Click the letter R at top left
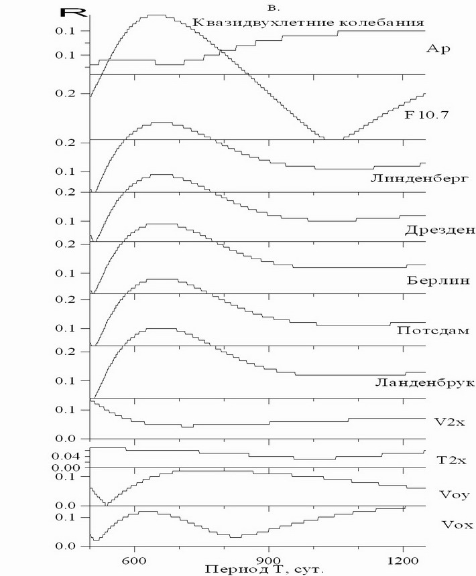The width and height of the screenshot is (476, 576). pos(68,11)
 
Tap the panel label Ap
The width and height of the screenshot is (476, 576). pos(438,49)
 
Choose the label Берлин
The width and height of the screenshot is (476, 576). pos(432,280)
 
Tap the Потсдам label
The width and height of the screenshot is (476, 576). pos(432,331)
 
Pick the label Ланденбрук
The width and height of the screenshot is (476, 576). pos(424,382)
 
